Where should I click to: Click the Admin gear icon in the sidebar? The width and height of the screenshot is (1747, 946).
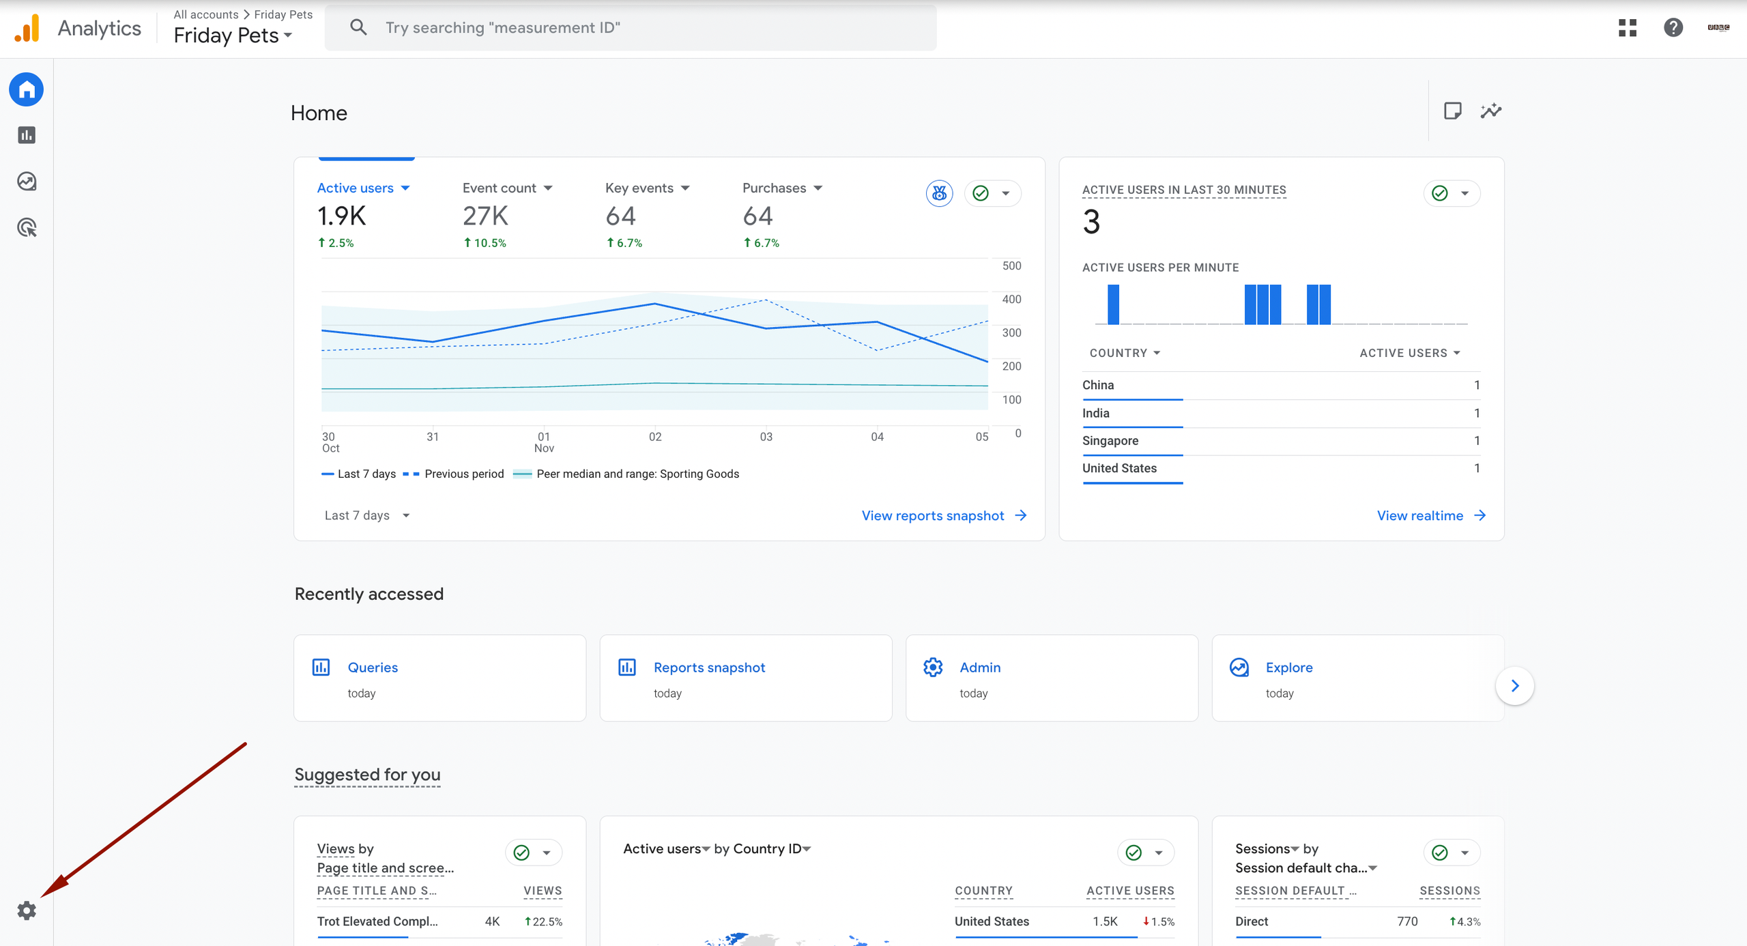point(27,911)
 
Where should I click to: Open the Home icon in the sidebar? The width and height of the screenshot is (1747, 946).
point(27,89)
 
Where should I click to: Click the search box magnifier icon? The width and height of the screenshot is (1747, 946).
point(358,27)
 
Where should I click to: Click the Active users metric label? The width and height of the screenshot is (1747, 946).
point(356,188)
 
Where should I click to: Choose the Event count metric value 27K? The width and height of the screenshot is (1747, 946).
point(485,216)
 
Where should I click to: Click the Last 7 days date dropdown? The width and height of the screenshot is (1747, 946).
point(366,515)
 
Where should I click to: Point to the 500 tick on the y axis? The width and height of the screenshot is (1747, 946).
point(1011,266)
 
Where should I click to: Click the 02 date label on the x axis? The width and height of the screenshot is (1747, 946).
point(655,437)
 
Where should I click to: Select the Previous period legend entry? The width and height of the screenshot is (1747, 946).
point(463,474)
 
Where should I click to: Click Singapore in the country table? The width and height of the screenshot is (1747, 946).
point(1110,440)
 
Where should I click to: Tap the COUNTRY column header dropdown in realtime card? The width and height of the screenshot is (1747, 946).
point(1125,353)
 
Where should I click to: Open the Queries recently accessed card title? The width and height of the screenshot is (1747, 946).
point(373,668)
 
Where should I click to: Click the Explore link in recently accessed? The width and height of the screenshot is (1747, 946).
point(1288,668)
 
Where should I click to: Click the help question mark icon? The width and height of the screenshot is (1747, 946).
point(1673,27)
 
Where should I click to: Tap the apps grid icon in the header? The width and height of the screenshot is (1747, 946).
point(1628,27)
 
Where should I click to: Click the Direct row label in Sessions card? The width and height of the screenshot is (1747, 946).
point(1252,921)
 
